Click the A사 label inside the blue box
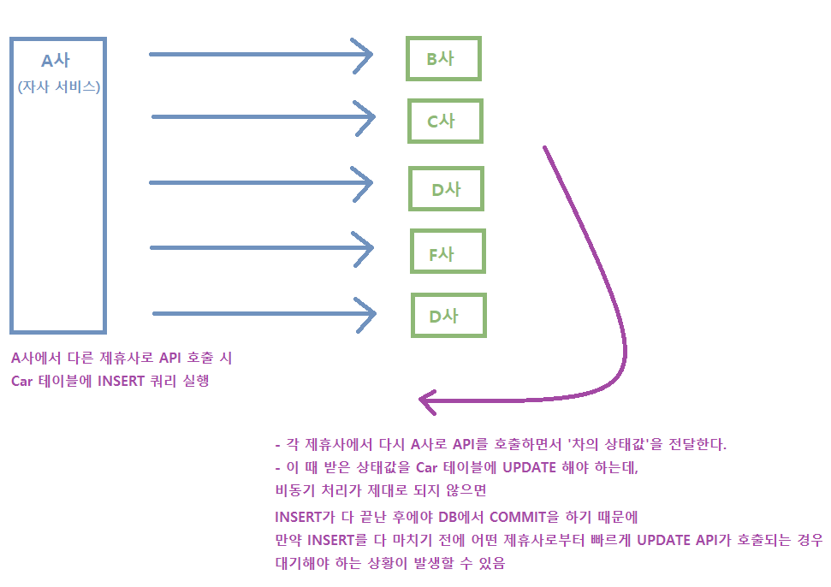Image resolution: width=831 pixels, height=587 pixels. (x=56, y=62)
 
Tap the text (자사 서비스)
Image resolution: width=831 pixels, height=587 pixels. (x=58, y=86)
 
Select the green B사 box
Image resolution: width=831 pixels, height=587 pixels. (x=443, y=59)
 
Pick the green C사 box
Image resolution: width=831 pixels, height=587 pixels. (x=445, y=121)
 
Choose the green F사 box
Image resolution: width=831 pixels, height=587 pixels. (x=447, y=253)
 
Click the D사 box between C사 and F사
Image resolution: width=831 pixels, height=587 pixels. (x=446, y=189)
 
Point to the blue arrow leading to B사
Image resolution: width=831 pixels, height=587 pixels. (x=261, y=55)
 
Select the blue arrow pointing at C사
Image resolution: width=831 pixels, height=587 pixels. (x=263, y=116)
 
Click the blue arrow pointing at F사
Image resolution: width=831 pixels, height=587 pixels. (x=262, y=248)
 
